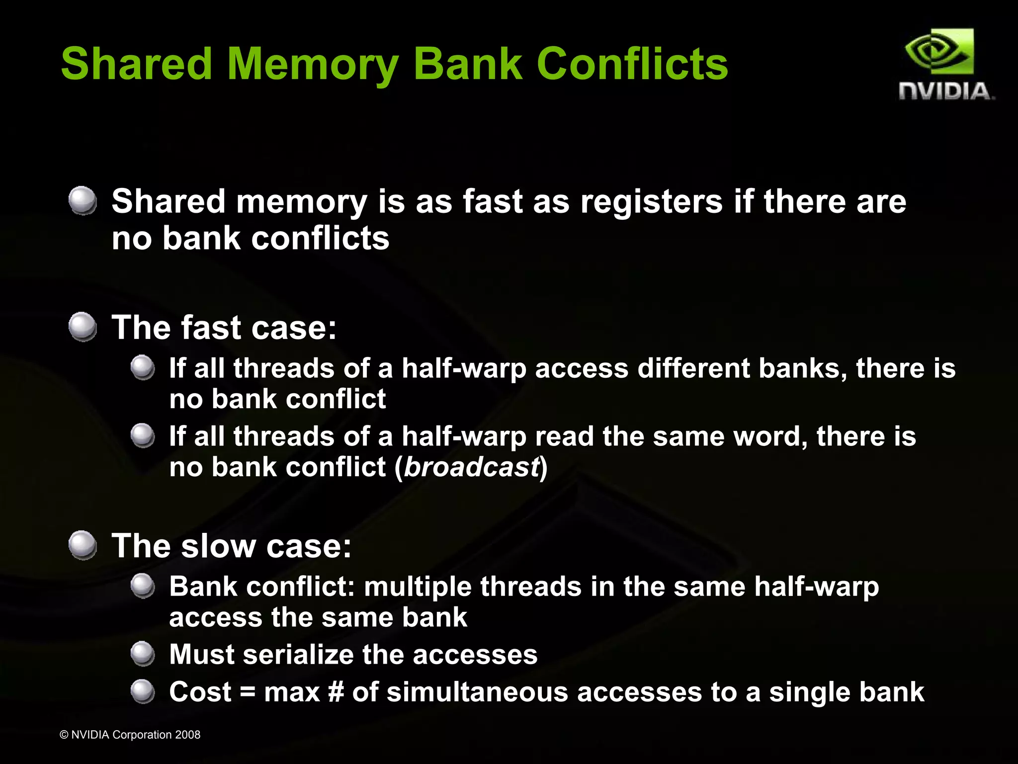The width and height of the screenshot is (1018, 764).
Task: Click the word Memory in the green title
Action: tap(313, 65)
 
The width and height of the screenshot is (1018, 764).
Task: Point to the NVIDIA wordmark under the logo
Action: tap(946, 91)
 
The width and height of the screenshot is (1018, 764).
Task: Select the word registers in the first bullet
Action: tap(651, 202)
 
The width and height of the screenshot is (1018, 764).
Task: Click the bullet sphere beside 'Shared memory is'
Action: tap(83, 201)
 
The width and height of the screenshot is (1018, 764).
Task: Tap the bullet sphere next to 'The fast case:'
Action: tap(83, 327)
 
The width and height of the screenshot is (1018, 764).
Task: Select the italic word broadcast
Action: tap(471, 467)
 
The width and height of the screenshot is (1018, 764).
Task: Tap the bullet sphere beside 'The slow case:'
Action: tap(83, 545)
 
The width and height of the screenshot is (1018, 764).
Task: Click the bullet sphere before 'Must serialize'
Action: tap(143, 654)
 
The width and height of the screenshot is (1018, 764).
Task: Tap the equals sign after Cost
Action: tap(248, 692)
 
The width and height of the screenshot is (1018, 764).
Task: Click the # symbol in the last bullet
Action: tap(336, 692)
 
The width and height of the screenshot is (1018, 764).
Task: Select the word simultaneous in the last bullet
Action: tap(477, 692)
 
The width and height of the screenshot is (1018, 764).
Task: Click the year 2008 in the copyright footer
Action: tap(188, 735)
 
